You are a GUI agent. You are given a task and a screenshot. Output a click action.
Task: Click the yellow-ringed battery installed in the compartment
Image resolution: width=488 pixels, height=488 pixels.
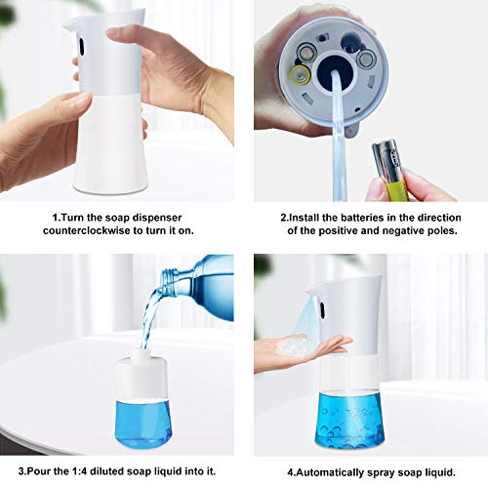click(299, 71)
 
